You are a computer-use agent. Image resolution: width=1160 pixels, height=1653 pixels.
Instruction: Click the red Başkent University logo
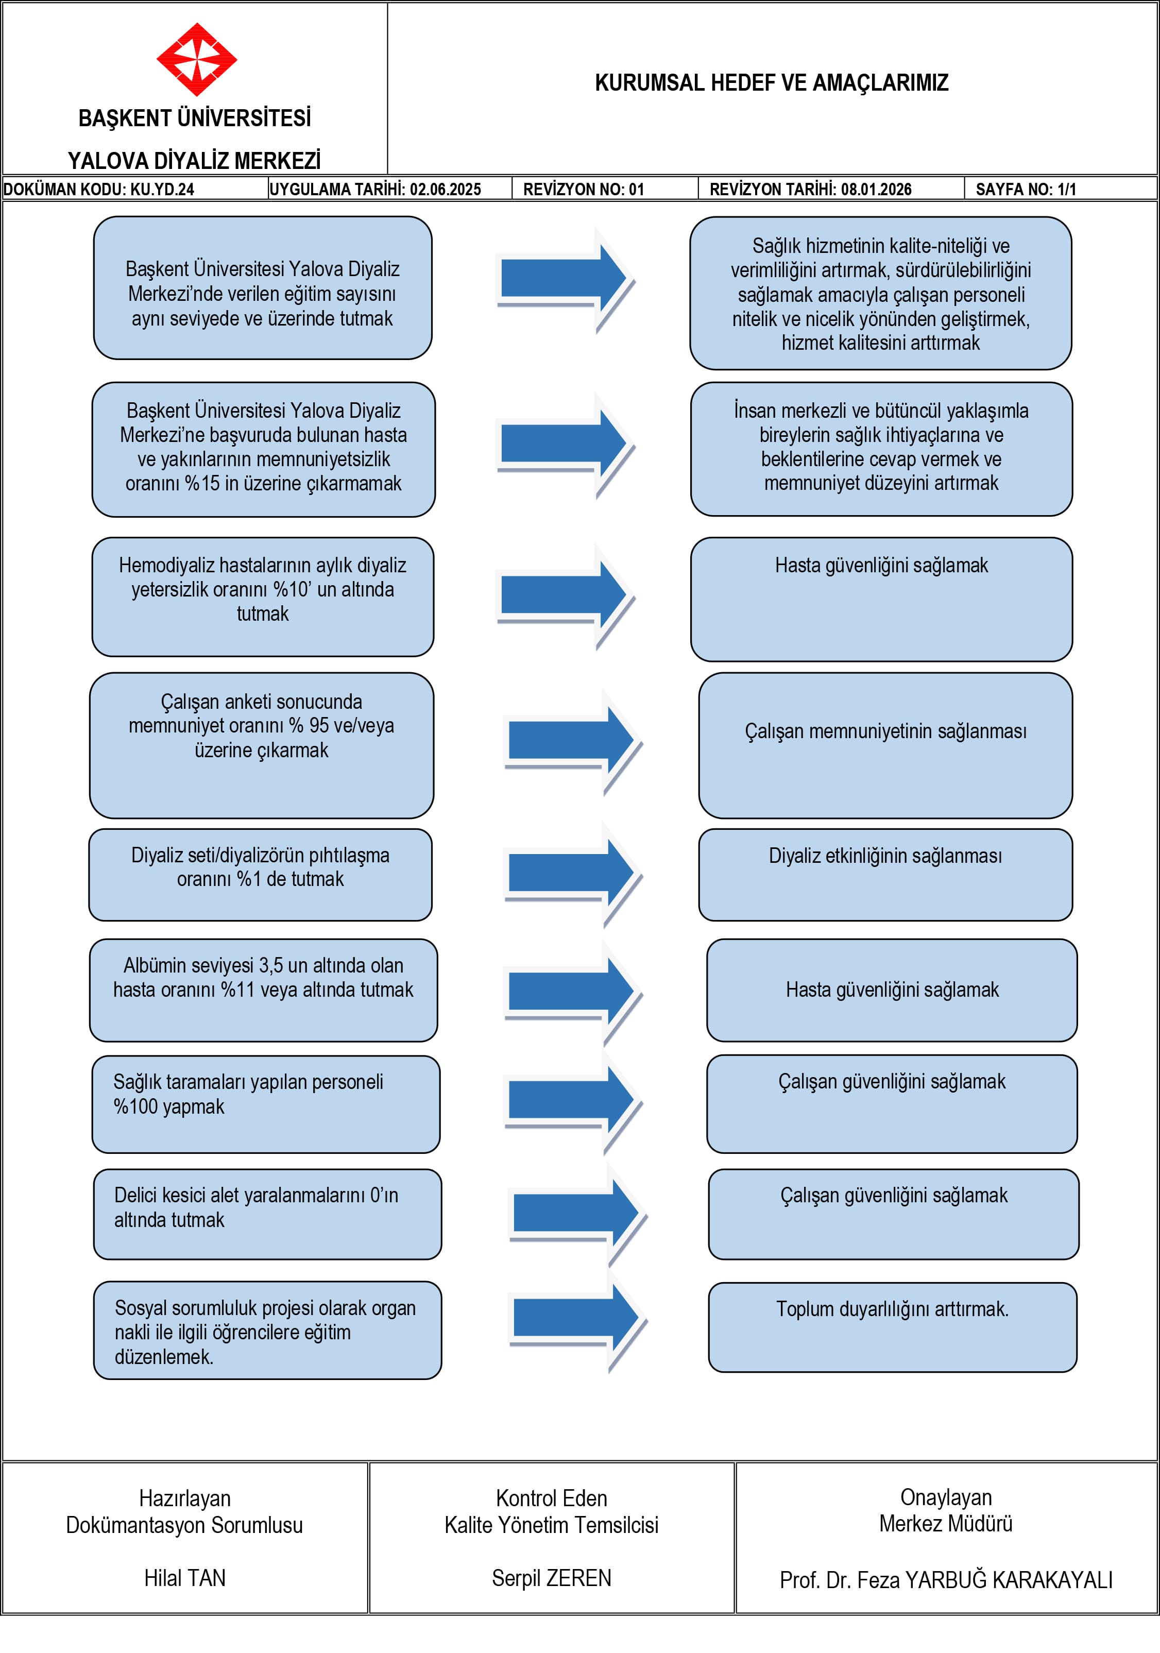point(197,59)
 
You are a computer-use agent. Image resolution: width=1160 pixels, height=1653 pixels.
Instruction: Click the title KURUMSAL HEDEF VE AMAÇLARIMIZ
point(771,83)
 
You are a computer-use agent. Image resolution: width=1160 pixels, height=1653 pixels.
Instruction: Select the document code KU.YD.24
point(162,190)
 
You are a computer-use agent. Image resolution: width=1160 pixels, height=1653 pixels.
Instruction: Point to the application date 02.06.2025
point(446,190)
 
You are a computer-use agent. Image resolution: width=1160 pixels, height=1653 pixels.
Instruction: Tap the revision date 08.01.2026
point(876,190)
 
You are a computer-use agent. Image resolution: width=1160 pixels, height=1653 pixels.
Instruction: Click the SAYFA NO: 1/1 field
point(1026,190)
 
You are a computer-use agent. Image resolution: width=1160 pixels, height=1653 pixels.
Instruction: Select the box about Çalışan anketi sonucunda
point(261,745)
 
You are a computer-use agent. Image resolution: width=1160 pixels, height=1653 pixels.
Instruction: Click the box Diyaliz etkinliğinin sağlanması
point(885,875)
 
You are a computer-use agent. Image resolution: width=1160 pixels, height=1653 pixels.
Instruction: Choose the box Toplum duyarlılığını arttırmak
point(893,1327)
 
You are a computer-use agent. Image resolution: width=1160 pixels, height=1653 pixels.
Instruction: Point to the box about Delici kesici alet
point(267,1214)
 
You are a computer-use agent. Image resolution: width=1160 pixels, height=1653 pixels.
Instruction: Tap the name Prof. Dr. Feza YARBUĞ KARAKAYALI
point(946,1579)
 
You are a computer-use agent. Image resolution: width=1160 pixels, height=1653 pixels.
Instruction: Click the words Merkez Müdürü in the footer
point(946,1523)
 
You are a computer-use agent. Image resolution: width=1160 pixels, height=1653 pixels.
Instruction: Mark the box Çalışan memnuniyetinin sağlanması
point(885,745)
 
